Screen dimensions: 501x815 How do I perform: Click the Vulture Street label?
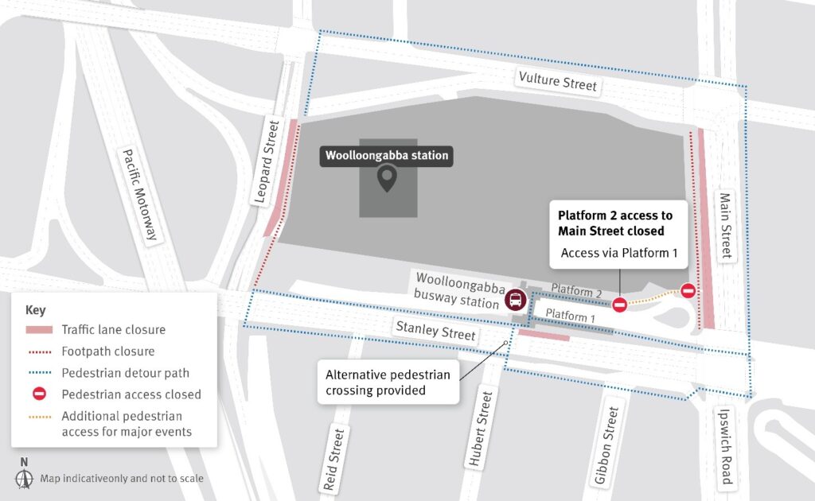pos(557,81)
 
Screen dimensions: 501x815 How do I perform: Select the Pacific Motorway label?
pos(142,195)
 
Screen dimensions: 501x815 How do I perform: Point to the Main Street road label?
pos(725,225)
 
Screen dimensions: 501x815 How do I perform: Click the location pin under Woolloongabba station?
pos(388,179)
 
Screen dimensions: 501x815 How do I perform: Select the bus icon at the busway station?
pos(515,301)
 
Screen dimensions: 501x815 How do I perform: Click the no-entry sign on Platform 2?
pos(619,304)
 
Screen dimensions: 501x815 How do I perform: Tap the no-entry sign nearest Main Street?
pos(688,291)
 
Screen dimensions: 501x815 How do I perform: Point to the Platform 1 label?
pos(571,316)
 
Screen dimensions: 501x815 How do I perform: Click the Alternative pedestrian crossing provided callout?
pos(388,383)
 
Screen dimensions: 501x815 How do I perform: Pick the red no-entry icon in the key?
pos(39,394)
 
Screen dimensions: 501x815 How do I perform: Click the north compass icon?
pos(24,478)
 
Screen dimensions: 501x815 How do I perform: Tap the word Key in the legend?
pos(36,309)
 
